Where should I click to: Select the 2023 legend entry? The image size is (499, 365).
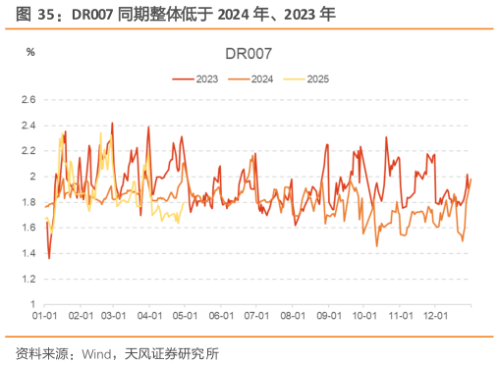pos(205,77)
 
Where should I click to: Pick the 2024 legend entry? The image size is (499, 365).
pos(260,77)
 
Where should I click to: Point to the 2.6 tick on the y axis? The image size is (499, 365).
pos(28,100)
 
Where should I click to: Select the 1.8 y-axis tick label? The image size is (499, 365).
pos(28,202)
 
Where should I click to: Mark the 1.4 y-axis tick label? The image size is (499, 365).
pos(28,253)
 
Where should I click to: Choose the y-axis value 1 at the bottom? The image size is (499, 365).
pos(32,304)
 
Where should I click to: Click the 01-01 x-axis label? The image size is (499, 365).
pos(43,316)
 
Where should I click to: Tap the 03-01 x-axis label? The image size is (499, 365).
pos(114,316)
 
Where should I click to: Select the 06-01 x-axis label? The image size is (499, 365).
pos(222,316)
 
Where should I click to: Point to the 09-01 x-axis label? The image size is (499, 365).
pos(330,316)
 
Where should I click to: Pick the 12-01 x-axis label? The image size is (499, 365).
pos(436,316)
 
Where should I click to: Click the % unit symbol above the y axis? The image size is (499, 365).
pos(30,51)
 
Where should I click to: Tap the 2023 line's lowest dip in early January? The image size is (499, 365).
pos(49,257)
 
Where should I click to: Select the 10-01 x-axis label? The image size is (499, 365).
pos(364,316)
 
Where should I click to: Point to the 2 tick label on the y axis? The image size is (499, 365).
pos(32,177)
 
